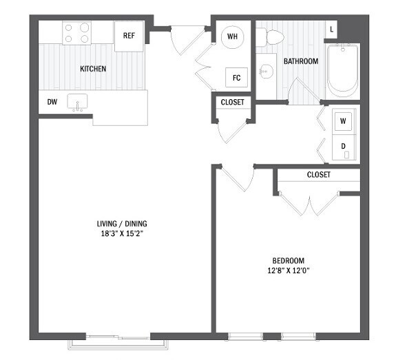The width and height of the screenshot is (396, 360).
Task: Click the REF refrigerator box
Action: tap(129, 36)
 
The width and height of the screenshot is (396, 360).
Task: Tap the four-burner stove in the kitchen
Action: tap(77, 33)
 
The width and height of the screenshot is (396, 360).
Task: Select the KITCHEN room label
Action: tap(94, 69)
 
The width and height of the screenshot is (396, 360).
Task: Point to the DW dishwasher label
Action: tap(52, 102)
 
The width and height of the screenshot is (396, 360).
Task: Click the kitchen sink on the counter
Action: tap(77, 102)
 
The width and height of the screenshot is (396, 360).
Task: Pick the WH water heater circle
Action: tap(232, 36)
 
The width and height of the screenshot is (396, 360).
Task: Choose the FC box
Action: tap(236, 77)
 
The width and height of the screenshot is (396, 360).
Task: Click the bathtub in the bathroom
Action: tap(342, 70)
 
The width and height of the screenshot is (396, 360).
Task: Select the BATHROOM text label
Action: tap(301, 61)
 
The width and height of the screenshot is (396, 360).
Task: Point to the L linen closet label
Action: tap(331, 30)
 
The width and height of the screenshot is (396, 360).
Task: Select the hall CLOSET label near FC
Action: tap(232, 103)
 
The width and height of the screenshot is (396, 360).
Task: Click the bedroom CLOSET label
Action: tap(318, 175)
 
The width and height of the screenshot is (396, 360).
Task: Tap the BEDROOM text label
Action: tap(288, 260)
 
